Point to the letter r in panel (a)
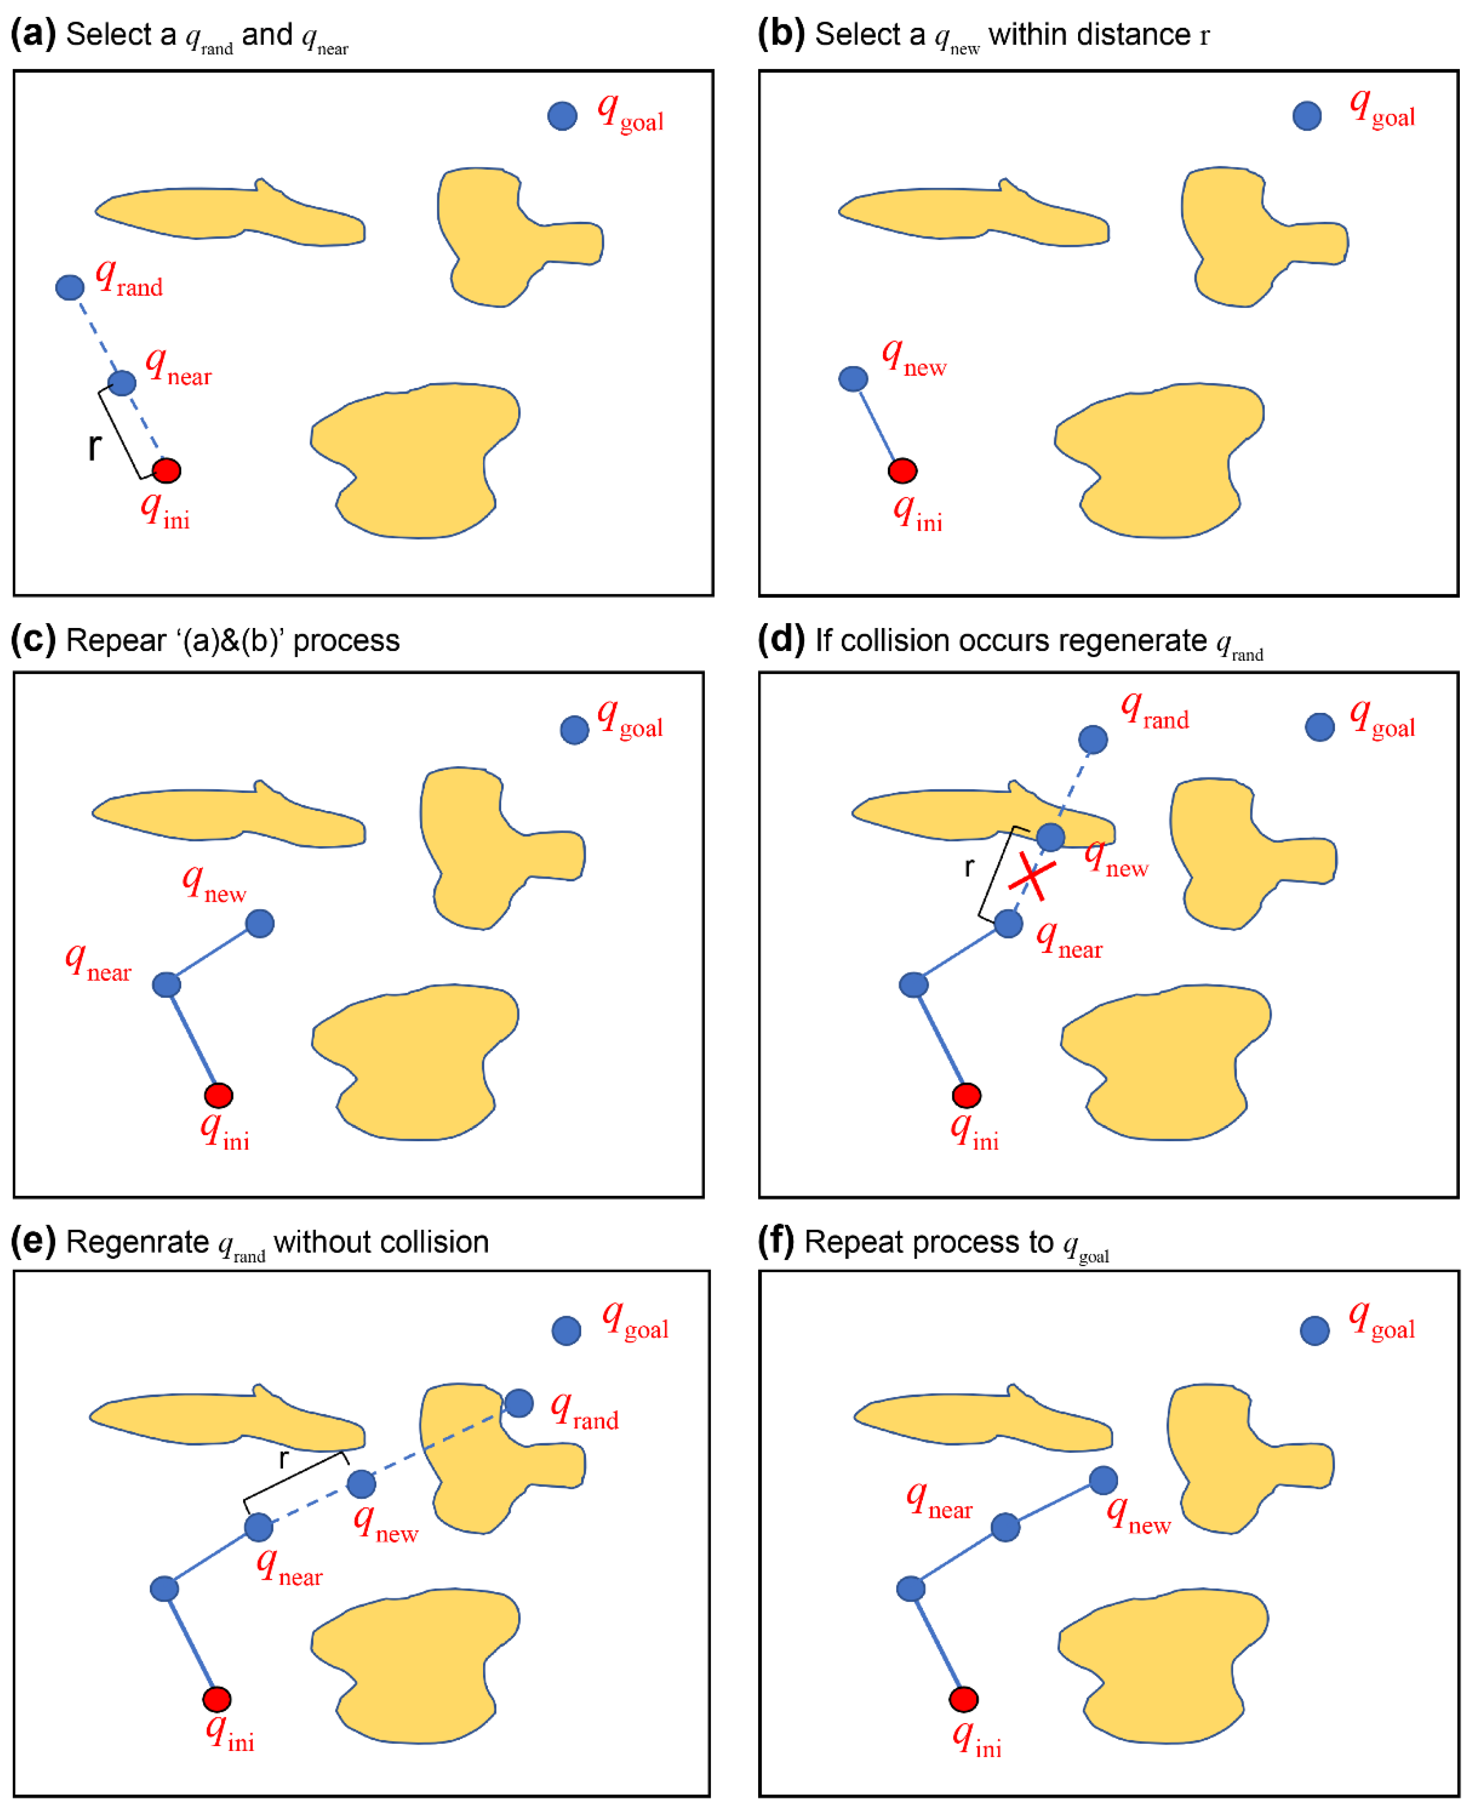pos(94,446)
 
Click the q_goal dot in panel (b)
pos(1306,115)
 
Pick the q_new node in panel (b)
pos(853,379)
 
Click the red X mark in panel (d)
pos(1031,876)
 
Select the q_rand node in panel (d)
pos(1092,739)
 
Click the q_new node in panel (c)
pos(260,923)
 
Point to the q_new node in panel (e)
pos(362,1483)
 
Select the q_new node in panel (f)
pos(1102,1480)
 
